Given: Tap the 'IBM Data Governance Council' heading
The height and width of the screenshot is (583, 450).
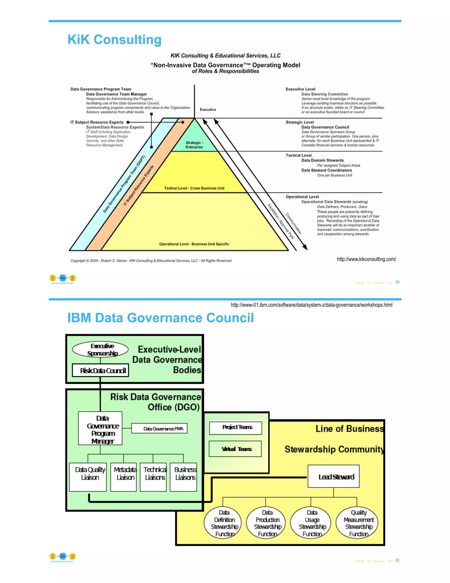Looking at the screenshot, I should pyautogui.click(x=160, y=318).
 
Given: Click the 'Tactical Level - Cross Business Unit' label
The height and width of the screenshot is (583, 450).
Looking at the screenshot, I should pyautogui.click(x=194, y=188).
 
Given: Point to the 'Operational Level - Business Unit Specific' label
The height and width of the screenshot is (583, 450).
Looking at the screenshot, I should pyautogui.click(x=194, y=244).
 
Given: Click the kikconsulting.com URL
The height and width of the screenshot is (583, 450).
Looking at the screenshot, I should pyautogui.click(x=366, y=259).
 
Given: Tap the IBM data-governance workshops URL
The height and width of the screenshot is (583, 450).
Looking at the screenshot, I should pyautogui.click(x=311, y=305).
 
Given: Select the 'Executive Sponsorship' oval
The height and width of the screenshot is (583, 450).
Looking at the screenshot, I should pyautogui.click(x=100, y=349).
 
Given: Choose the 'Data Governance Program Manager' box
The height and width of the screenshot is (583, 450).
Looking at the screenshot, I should pyautogui.click(x=100, y=429).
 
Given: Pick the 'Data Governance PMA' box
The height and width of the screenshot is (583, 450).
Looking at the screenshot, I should pyautogui.click(x=160, y=428).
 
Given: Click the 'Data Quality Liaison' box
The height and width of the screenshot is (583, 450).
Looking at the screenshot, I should pyautogui.click(x=88, y=477).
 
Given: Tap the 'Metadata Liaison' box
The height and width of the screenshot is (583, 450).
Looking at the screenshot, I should pyautogui.click(x=123, y=477).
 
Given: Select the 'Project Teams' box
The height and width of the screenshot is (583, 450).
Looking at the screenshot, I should pyautogui.click(x=236, y=427).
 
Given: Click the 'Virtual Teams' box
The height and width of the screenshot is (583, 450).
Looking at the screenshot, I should pyautogui.click(x=235, y=449).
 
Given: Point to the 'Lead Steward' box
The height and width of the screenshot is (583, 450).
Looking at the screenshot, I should pyautogui.click(x=334, y=477).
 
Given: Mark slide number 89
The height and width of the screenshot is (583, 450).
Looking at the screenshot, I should pyautogui.click(x=397, y=282).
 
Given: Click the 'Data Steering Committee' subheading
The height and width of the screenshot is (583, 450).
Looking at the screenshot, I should pyautogui.click(x=325, y=94).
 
